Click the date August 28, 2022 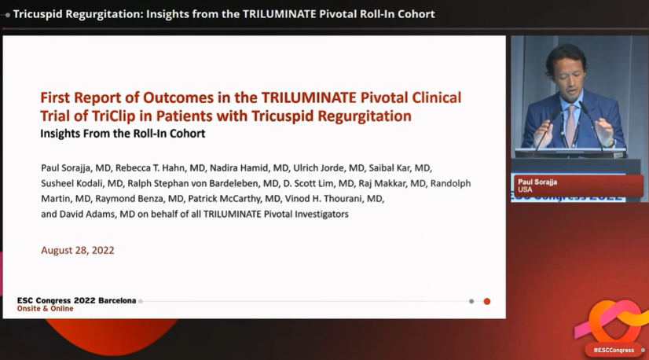point(78,250)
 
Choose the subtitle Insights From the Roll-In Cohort point(123,134)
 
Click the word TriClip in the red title point(113,116)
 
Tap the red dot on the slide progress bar point(487,301)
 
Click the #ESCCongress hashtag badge point(614,350)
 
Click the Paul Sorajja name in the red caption point(537,182)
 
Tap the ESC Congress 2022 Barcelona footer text point(76,300)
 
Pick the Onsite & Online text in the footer point(45,309)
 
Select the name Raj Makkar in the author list point(382,183)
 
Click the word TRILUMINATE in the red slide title point(308,97)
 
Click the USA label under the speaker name point(525,189)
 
